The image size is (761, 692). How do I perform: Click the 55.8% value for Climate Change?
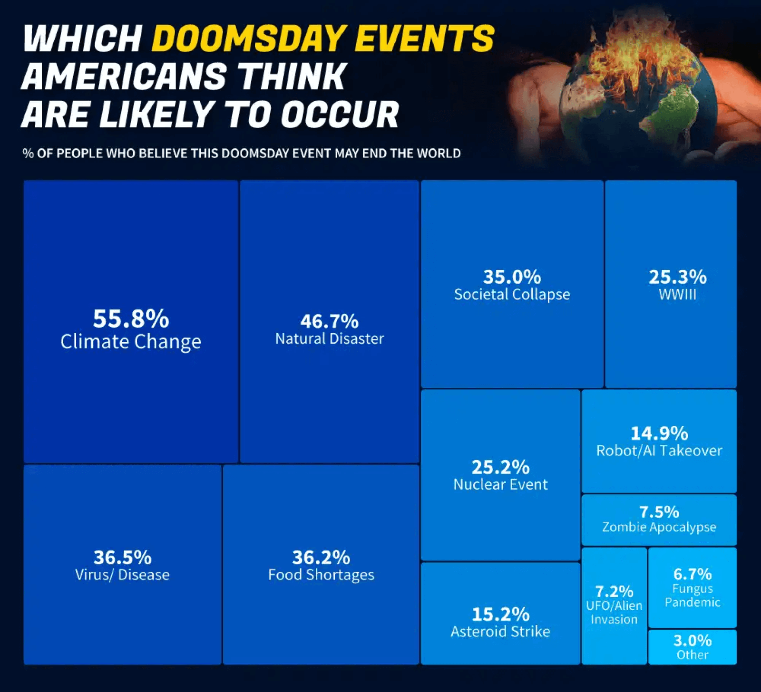131,319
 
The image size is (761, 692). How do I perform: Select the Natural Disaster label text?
330,339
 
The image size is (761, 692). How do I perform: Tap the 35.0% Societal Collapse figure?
512,277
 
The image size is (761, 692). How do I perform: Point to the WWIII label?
677,295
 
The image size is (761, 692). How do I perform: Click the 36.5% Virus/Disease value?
122,557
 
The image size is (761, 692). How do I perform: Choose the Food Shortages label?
321,575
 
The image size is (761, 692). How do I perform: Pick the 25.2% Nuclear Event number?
500,467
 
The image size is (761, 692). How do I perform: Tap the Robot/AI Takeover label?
659,451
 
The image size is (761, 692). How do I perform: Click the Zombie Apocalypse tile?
659,519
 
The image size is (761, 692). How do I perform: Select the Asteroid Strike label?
500,632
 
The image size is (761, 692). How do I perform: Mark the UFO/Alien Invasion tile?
614,605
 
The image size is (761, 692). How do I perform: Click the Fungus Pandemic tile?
693,587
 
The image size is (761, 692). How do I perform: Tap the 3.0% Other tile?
693,647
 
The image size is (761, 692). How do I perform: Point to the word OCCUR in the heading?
340,115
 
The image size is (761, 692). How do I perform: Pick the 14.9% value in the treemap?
659,433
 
